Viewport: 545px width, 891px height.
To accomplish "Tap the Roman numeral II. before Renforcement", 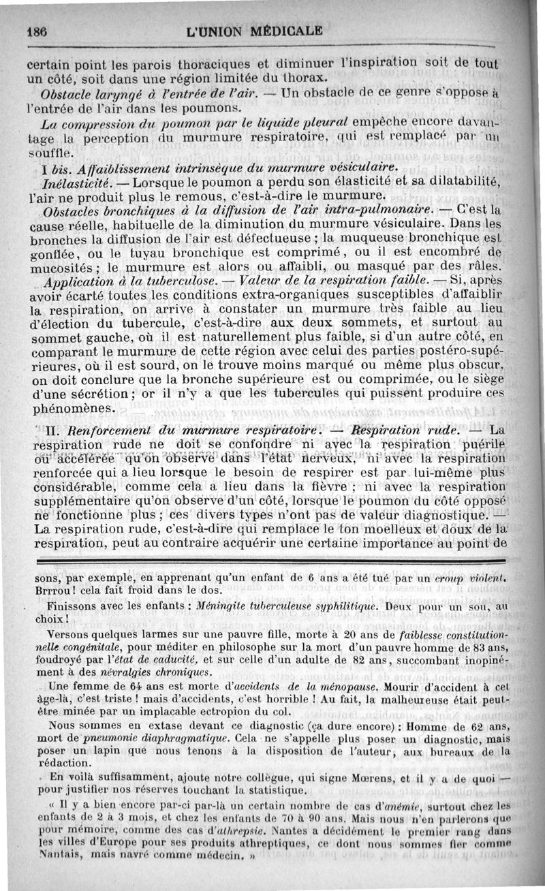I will pyautogui.click(x=53, y=431).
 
